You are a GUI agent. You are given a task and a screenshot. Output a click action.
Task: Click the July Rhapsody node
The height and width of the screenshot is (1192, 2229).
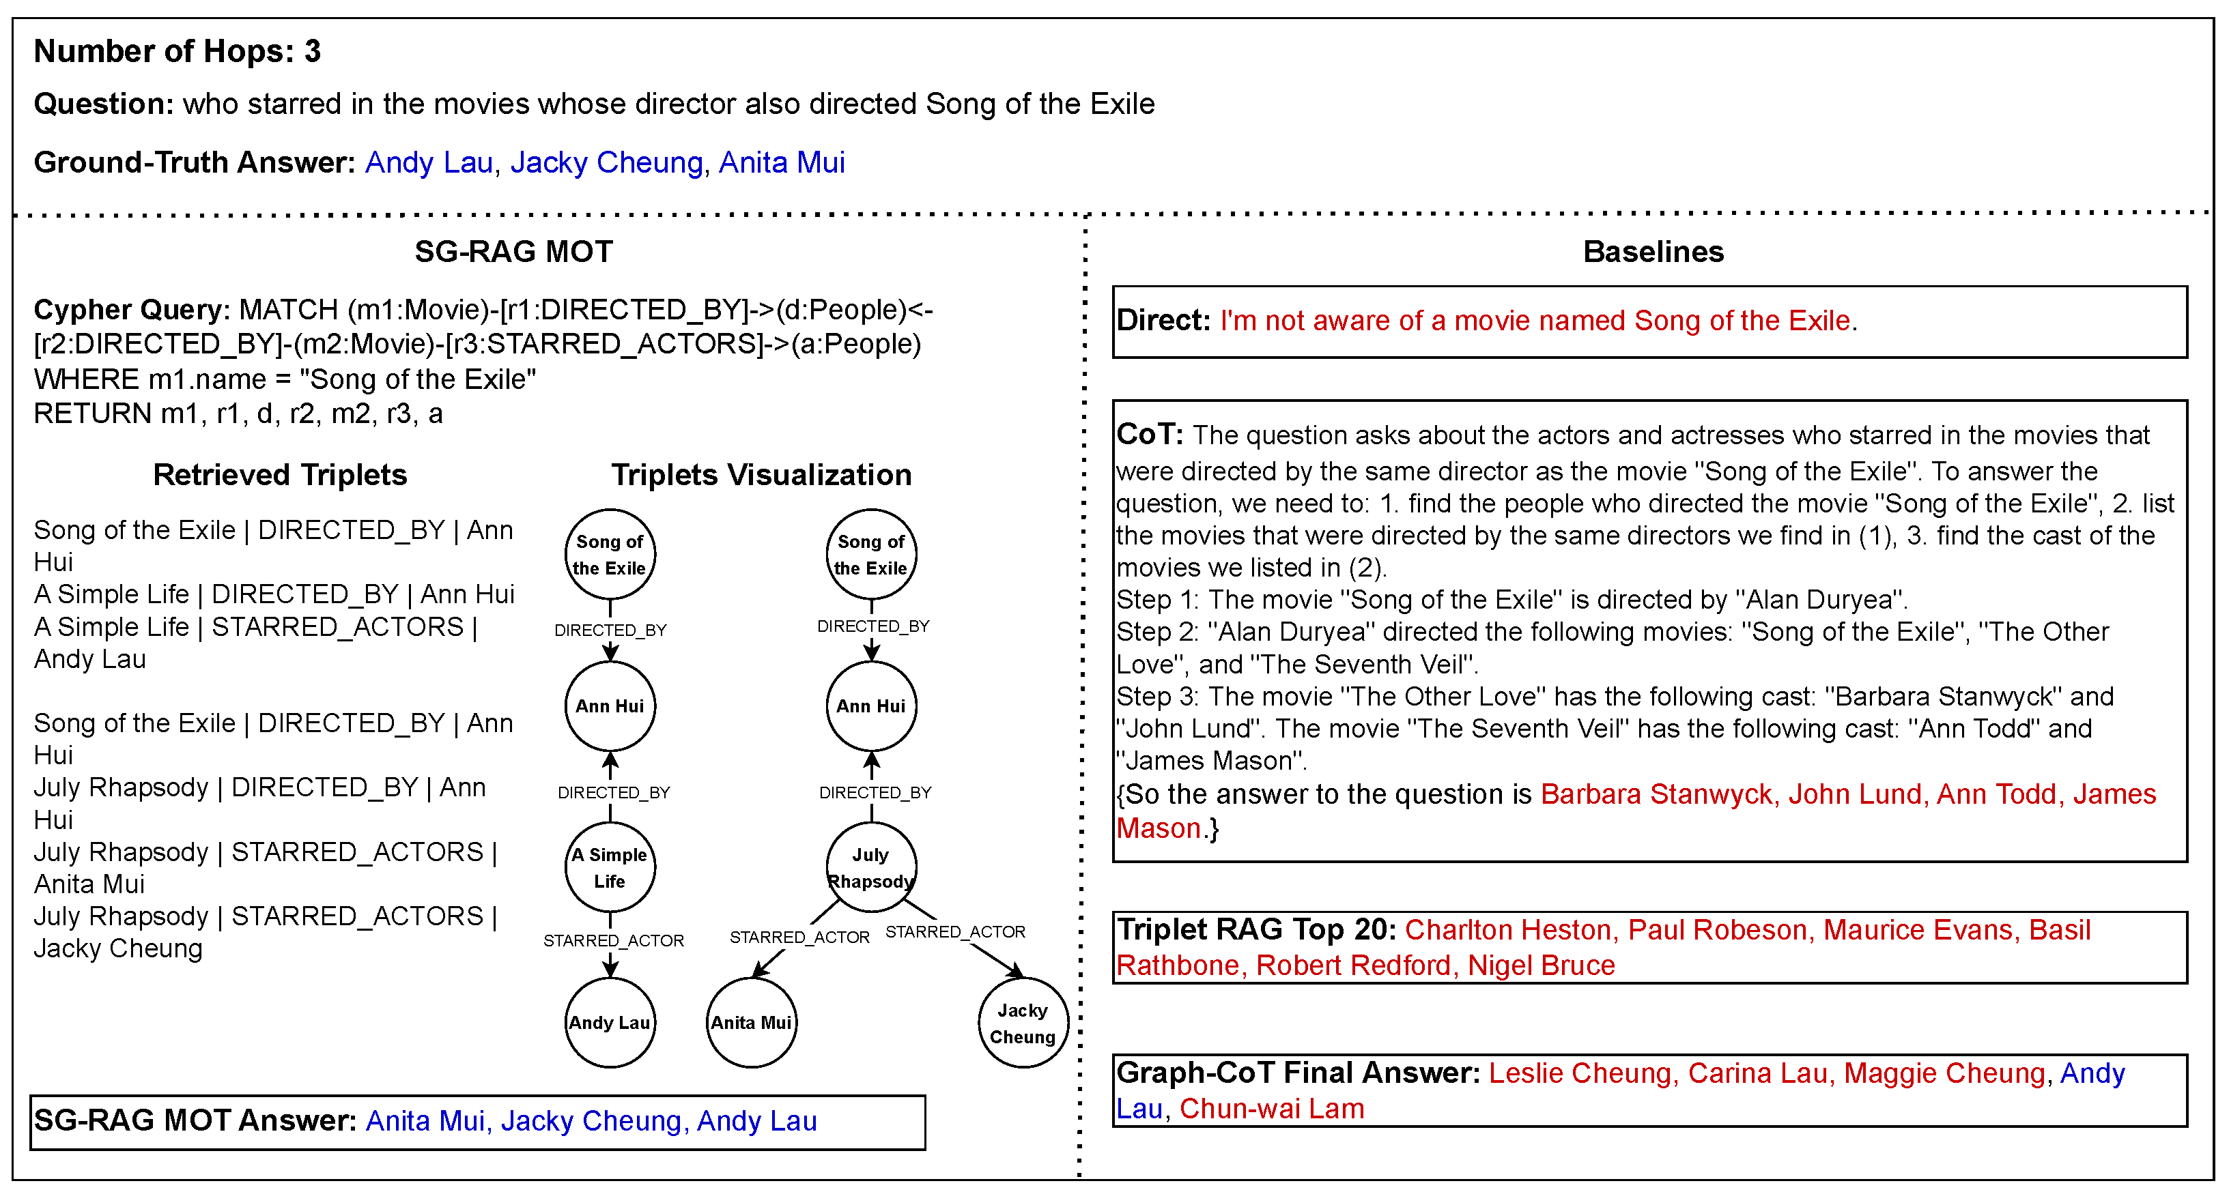tap(870, 867)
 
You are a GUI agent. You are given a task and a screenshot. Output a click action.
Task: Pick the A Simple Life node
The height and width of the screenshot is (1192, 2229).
tap(610, 867)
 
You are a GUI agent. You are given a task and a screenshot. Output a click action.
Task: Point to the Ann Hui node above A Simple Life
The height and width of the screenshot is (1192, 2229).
tap(610, 706)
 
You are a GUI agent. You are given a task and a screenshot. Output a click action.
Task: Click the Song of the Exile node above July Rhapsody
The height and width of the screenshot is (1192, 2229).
tap(870, 553)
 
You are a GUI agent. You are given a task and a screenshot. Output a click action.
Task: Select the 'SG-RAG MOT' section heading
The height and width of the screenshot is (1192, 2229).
tap(513, 252)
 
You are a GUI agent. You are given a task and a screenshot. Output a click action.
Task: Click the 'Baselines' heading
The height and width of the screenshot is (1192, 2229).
tap(1653, 252)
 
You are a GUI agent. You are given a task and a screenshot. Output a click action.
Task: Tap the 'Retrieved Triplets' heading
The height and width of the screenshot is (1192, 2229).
tap(279, 475)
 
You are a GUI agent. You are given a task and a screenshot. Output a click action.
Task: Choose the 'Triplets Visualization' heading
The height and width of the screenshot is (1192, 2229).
tap(761, 475)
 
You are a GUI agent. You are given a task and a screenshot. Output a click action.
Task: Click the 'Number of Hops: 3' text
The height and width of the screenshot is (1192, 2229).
tap(178, 51)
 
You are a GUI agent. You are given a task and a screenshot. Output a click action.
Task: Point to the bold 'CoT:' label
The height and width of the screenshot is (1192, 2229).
tap(1149, 434)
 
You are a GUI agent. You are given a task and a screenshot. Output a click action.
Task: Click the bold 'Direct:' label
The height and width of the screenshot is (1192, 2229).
tap(1162, 320)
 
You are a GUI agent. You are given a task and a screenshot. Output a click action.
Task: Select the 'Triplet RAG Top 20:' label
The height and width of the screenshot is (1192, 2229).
tap(1255, 929)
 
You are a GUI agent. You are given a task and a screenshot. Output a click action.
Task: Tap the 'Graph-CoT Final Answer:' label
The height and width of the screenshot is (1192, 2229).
tap(1298, 1073)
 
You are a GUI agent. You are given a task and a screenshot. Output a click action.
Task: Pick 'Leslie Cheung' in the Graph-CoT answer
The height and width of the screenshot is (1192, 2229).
tap(1580, 1073)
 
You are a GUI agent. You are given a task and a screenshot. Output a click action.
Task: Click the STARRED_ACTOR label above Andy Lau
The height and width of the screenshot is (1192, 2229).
tap(614, 940)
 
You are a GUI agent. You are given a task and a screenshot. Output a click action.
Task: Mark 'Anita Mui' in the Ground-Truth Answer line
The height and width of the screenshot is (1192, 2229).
tap(782, 162)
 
